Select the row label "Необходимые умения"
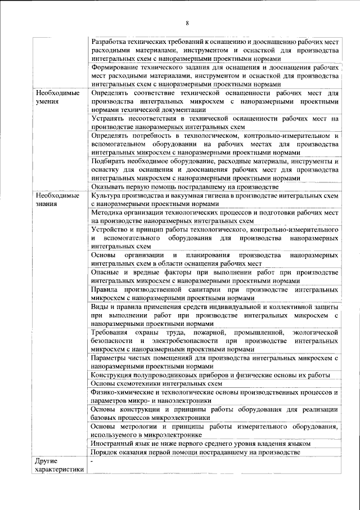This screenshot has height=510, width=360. [x=57, y=97]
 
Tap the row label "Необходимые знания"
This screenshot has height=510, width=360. [x=57, y=199]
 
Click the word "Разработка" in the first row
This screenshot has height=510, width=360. [x=111, y=42]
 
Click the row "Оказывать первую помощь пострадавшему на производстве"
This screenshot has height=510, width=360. [x=185, y=187]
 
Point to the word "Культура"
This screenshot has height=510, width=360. [x=106, y=195]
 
